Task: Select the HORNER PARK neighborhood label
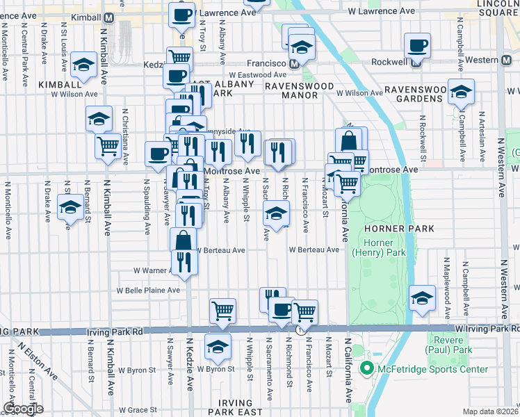click(398, 229)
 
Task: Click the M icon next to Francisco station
click(295, 63)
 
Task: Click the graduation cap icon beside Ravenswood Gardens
click(461, 92)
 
